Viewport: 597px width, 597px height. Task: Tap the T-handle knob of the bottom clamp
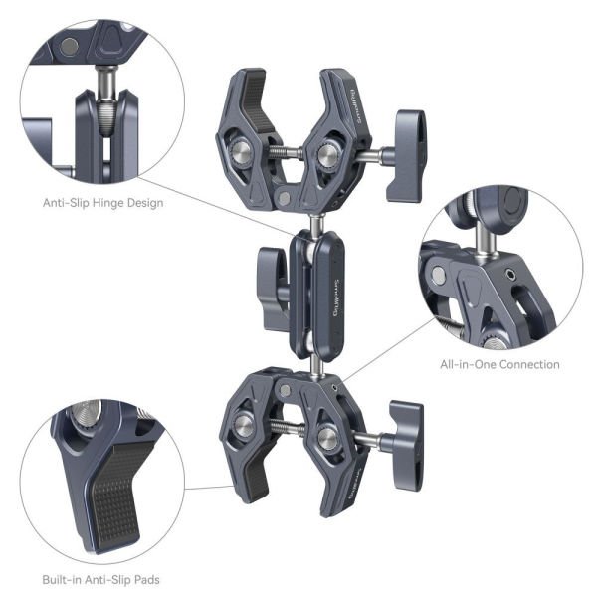point(405,441)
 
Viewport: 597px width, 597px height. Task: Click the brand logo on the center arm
point(326,294)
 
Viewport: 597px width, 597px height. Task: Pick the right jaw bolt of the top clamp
point(324,154)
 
